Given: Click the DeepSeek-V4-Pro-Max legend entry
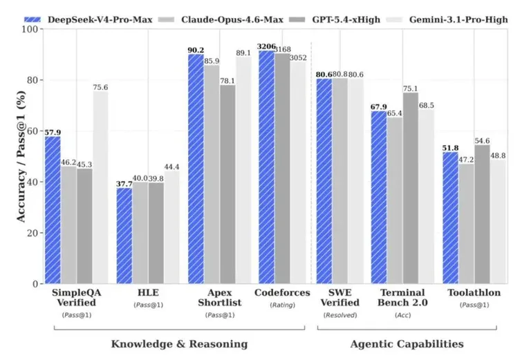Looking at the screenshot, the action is [x=88, y=19].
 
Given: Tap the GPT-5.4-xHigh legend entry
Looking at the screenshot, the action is [x=335, y=19].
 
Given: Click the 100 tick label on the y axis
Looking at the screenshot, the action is [x=30, y=29].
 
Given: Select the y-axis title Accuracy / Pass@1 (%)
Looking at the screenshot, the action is [x=21, y=156].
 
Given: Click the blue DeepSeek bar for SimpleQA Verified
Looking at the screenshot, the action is [x=53, y=210].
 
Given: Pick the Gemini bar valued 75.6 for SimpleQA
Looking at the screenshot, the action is [x=100, y=187].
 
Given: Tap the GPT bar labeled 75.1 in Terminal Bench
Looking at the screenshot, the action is [x=411, y=188].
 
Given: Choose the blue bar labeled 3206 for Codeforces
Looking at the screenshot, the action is [x=266, y=167].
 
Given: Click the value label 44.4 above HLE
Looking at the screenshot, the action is [x=171, y=167].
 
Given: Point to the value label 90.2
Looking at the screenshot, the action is [x=196, y=50].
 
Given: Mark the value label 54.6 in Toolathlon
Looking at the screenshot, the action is [x=482, y=141].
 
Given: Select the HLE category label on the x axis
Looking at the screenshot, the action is [x=148, y=293].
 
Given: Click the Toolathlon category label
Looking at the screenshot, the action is [x=474, y=293].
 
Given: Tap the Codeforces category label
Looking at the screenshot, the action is [x=282, y=293].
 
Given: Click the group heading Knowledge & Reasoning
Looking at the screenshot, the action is [x=180, y=344].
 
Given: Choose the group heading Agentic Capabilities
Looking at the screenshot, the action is [x=407, y=344].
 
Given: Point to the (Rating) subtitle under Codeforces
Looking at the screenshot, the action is [x=282, y=305].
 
